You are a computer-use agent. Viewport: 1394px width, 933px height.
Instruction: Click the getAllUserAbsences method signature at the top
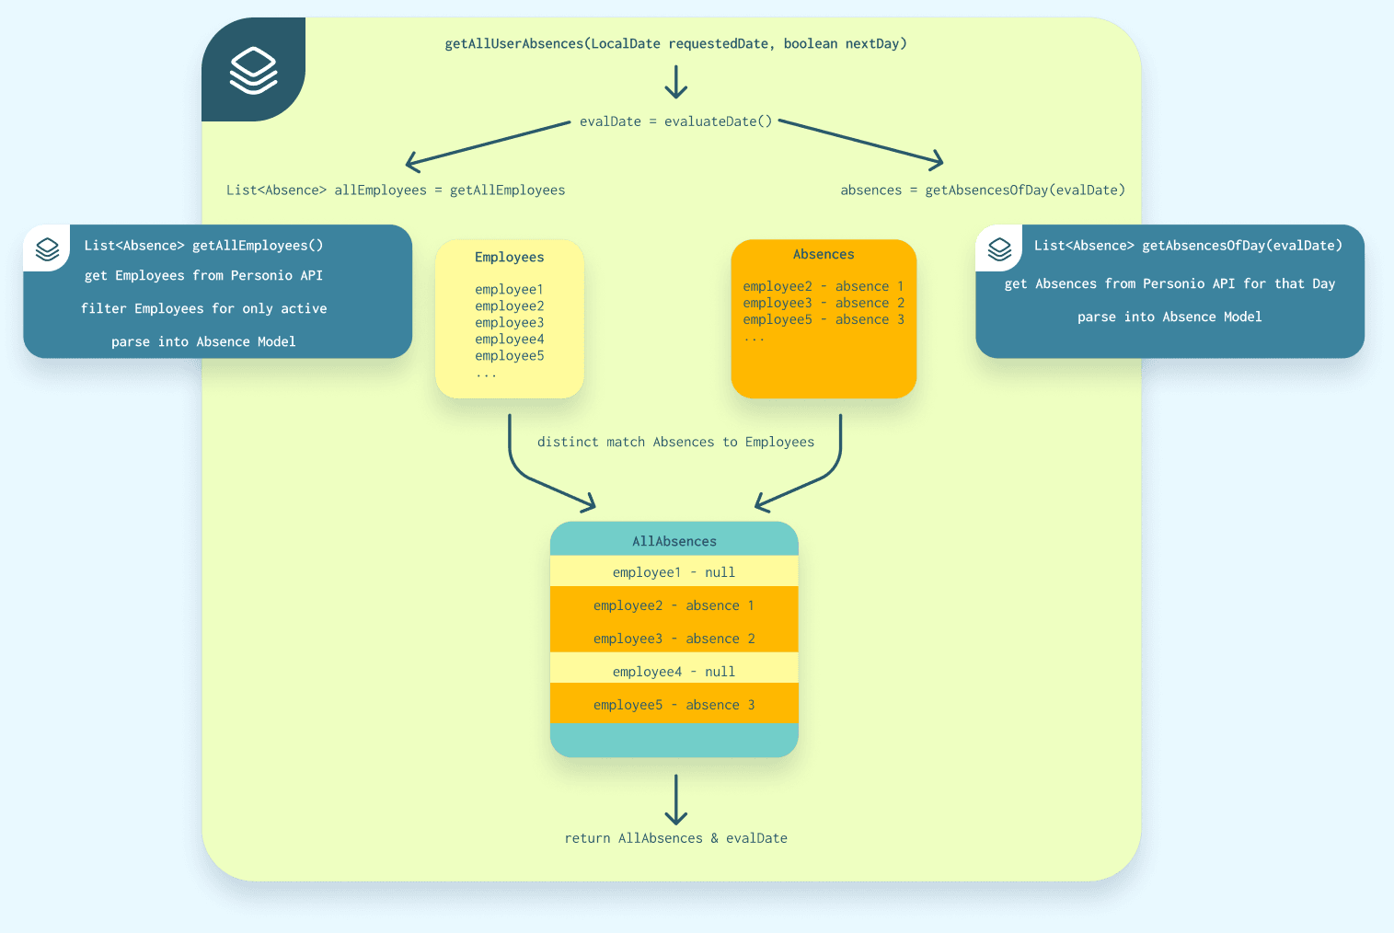coord(675,43)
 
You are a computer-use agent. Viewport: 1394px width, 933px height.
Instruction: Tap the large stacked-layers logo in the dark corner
coord(253,71)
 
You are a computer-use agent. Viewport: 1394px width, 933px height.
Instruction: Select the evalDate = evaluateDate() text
coord(675,121)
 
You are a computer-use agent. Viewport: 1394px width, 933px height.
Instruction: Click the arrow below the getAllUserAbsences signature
coord(676,82)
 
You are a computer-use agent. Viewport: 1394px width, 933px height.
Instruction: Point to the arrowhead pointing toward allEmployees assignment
coord(412,163)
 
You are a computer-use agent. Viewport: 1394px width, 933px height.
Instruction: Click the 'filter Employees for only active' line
coord(203,308)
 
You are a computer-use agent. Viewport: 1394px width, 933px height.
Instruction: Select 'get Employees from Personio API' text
coord(203,275)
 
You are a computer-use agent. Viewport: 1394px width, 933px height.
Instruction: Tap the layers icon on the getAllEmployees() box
coord(47,248)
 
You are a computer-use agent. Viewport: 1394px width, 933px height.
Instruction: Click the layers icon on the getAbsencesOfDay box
coord(999,248)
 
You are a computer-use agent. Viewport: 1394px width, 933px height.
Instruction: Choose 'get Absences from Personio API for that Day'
coord(1169,283)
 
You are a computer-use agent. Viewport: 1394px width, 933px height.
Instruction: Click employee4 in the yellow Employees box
coord(509,339)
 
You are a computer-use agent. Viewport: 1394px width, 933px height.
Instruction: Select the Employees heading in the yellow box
coord(509,257)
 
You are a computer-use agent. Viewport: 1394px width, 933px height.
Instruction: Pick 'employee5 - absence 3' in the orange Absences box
coord(823,319)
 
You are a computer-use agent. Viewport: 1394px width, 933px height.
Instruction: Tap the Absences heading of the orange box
coord(824,254)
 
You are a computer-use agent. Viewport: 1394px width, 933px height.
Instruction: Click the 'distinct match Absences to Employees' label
coord(675,442)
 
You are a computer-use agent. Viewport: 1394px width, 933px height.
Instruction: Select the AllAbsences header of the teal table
coord(674,541)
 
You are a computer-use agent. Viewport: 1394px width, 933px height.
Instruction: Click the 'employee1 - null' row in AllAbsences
coord(674,572)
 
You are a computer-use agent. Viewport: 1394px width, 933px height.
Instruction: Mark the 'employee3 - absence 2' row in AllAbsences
coord(674,639)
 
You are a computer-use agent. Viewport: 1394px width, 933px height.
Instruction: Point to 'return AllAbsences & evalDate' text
coord(675,838)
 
